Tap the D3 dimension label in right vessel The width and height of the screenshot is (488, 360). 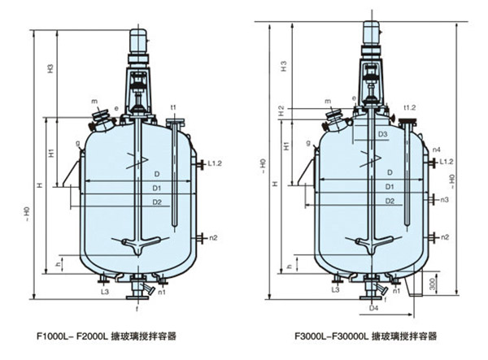382,135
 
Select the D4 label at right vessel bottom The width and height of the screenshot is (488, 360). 373,309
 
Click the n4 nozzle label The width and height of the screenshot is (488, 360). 437,150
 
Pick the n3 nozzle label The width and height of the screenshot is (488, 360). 444,199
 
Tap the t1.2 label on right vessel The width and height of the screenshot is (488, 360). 410,106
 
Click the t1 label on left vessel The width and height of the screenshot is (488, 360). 173,107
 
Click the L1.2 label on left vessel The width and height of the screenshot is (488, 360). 213,163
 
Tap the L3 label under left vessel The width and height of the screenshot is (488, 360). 105,290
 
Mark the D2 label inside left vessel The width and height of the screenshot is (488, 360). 156,202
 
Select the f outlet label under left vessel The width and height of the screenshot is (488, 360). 137,309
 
